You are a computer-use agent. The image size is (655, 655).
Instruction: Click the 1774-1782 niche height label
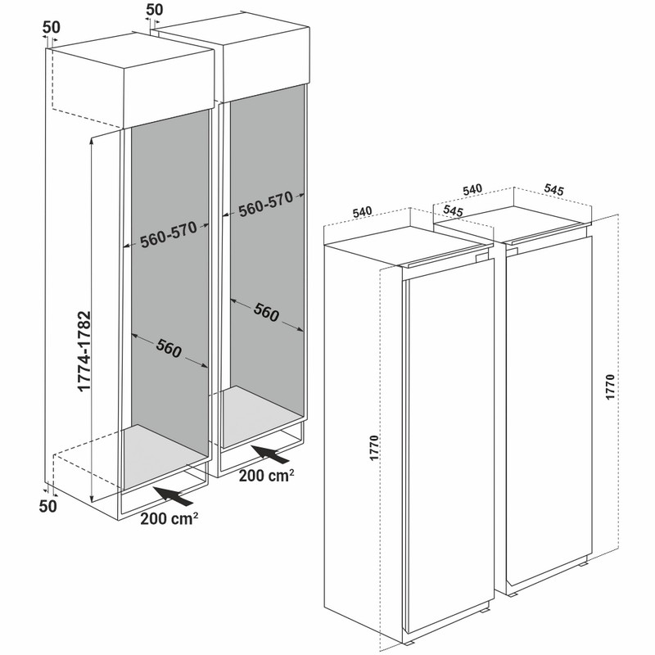(84, 351)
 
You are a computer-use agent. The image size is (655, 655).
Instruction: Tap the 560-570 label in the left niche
(169, 234)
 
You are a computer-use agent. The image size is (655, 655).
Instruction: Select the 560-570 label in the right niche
(265, 204)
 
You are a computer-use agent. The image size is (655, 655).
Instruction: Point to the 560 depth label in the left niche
(169, 348)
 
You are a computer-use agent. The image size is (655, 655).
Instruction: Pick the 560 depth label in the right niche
(266, 312)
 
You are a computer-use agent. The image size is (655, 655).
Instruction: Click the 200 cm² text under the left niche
(169, 518)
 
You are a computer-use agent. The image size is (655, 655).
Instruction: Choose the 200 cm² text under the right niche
(267, 475)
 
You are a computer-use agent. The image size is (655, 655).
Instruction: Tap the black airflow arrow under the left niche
(173, 496)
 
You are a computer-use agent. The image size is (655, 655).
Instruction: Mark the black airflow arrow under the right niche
(269, 454)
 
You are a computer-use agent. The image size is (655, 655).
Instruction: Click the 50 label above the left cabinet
(52, 27)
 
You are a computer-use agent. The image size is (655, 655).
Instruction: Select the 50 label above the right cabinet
(155, 10)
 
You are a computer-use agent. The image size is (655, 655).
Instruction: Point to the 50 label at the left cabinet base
(48, 506)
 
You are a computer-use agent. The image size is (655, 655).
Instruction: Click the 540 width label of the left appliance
(362, 212)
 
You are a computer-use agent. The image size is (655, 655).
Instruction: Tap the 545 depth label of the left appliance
(453, 211)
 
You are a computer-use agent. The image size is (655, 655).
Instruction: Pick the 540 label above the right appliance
(472, 189)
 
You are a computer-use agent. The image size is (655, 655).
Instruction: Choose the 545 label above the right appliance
(554, 190)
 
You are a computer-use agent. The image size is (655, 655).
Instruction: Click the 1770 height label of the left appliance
(374, 448)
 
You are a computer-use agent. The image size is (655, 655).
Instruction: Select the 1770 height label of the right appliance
(610, 386)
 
